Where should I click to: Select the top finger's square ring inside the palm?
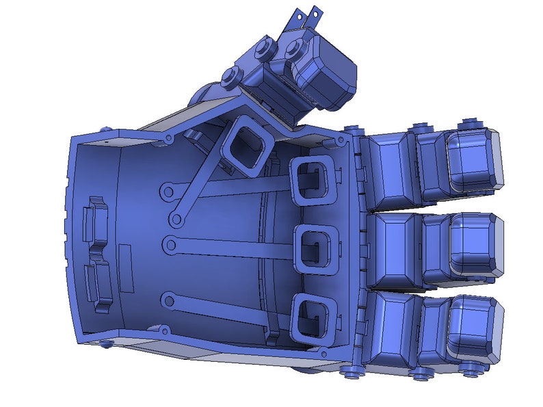pyautogui.click(x=311, y=181)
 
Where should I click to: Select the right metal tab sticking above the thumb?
pyautogui.click(x=314, y=14)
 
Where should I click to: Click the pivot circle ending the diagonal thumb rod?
pyautogui.click(x=176, y=220)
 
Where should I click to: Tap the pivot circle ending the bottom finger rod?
pyautogui.click(x=166, y=298)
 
